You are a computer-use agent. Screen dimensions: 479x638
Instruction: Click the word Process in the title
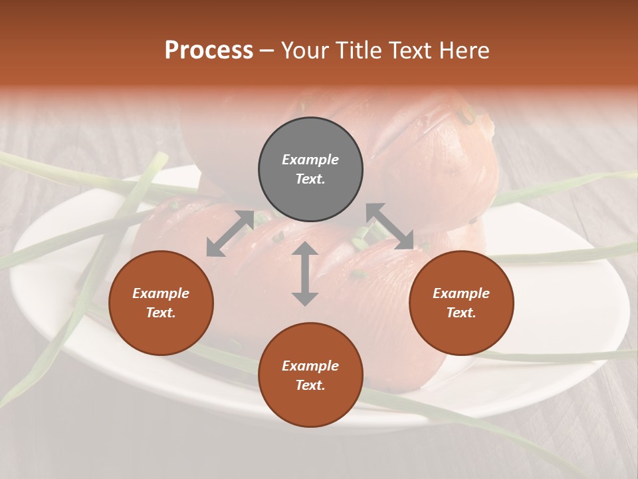[x=209, y=51]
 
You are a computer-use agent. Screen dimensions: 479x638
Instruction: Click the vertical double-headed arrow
[x=304, y=273]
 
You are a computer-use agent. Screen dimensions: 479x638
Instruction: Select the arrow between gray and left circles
[x=230, y=233]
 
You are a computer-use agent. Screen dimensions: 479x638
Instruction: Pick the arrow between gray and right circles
[x=389, y=226]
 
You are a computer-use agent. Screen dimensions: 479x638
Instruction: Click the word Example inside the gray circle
[x=310, y=160]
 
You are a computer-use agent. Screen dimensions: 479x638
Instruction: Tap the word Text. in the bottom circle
[x=310, y=385]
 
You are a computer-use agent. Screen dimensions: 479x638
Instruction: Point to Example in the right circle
[x=461, y=293]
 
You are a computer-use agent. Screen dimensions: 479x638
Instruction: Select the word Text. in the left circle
[x=161, y=313]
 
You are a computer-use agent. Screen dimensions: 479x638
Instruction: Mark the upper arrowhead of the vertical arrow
[x=304, y=249]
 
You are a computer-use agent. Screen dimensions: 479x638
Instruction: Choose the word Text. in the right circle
[x=461, y=313]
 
